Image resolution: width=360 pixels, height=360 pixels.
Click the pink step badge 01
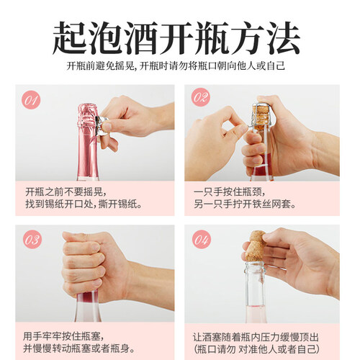point(31,100)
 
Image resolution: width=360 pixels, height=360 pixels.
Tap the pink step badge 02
point(200,97)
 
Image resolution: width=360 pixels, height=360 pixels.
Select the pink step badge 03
point(32,240)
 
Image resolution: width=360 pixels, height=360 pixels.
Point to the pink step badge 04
point(201,239)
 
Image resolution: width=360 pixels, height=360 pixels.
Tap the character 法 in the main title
point(284,38)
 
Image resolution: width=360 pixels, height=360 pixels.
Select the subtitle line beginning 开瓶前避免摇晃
point(176,66)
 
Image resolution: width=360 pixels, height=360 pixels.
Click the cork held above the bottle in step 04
point(256,246)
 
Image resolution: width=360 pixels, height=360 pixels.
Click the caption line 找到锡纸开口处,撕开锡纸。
point(84,204)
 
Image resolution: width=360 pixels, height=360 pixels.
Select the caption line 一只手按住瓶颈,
point(230,192)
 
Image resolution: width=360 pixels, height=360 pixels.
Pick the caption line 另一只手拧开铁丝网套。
point(245,204)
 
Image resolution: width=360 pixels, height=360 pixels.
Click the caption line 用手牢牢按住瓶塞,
point(64,336)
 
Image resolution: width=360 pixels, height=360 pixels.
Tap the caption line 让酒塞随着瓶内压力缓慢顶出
point(256,337)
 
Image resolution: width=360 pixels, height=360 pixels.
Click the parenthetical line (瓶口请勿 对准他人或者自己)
point(257,349)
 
